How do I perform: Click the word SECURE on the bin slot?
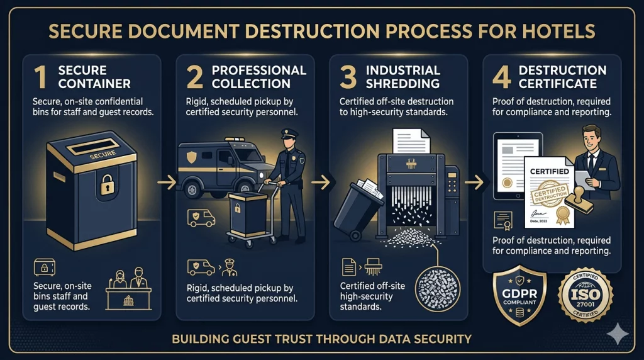(103, 155)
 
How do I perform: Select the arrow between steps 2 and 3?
(321, 183)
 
